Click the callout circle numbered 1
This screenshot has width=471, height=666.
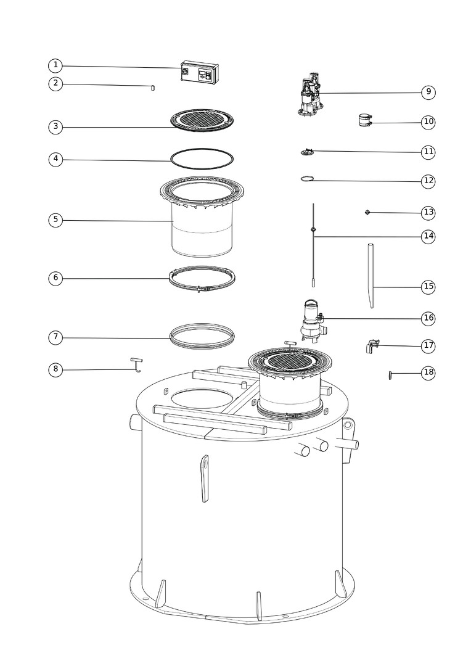55,66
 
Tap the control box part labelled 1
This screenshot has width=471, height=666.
200,73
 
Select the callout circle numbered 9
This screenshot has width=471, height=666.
428,92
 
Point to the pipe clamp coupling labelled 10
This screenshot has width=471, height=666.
365,120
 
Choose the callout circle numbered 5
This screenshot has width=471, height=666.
55,220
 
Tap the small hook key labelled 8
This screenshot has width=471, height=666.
136,364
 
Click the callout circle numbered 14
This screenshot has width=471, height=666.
428,236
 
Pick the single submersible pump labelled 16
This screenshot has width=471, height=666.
312,320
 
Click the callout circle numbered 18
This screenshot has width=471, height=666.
428,373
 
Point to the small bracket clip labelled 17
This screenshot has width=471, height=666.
372,346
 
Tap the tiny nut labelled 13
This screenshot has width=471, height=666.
368,212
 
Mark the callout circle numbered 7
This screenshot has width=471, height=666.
55,338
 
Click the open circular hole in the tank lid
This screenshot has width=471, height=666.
202,398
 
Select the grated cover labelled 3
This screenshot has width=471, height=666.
202,120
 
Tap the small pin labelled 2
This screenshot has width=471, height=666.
153,88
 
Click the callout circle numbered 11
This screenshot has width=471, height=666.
428,152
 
